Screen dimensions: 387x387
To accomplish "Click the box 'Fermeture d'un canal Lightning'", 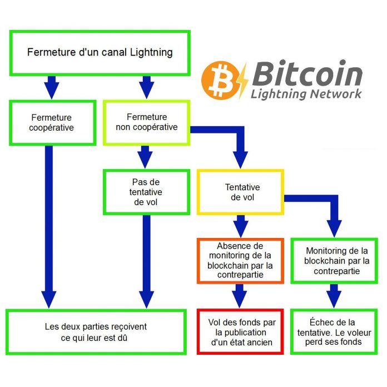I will click(x=100, y=53).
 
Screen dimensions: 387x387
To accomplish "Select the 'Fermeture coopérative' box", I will click(x=52, y=122).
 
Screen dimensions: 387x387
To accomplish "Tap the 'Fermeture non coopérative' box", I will click(x=147, y=122).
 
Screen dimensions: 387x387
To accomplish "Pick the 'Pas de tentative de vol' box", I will click(x=146, y=192).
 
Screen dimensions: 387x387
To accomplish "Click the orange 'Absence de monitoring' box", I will click(x=240, y=260).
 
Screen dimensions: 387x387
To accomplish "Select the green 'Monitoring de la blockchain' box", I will click(x=333, y=260).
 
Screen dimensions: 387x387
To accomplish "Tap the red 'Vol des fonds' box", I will click(x=240, y=332).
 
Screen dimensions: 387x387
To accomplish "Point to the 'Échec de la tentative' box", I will click(x=333, y=332).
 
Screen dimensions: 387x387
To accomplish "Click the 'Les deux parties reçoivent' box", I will click(x=96, y=332).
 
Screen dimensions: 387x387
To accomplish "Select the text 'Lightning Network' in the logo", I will click(x=306, y=93).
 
